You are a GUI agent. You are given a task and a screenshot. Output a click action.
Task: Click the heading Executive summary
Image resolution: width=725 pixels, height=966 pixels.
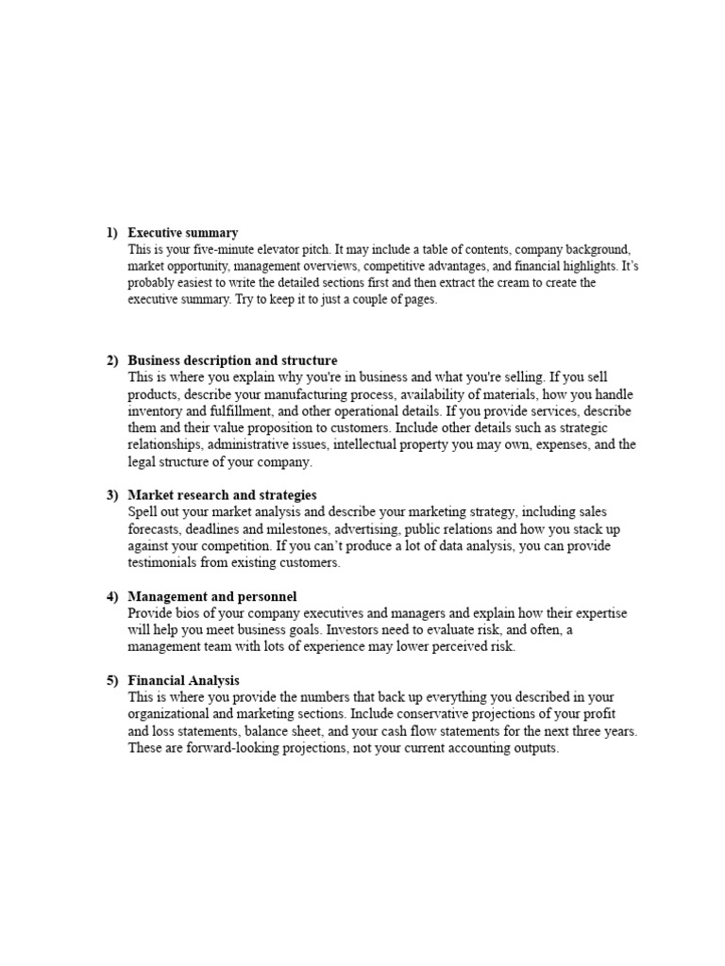[182, 232]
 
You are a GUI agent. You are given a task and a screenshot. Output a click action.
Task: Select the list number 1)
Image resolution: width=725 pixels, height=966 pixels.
[111, 232]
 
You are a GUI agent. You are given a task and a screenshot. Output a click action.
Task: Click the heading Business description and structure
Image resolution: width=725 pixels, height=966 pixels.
[232, 360]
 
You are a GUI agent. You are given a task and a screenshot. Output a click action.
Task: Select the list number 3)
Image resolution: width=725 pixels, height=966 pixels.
[111, 494]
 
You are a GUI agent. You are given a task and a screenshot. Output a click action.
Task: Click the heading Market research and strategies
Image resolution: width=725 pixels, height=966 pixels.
[222, 494]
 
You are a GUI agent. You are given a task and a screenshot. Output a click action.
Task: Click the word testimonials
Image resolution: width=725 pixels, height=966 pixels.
[163, 562]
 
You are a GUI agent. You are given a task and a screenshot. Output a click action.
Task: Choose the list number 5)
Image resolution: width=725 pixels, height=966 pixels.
[111, 680]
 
